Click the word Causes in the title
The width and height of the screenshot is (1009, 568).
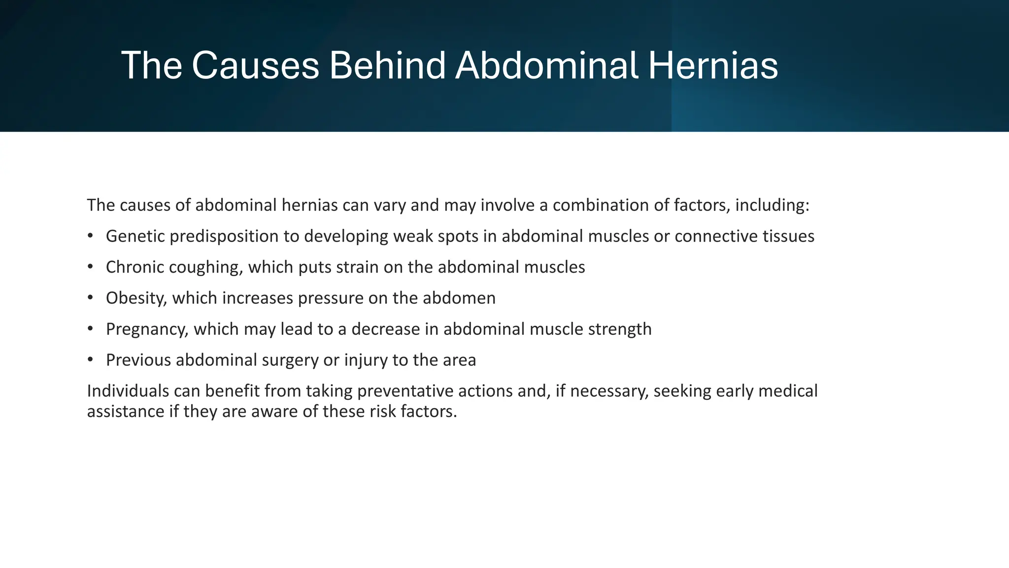[x=255, y=66]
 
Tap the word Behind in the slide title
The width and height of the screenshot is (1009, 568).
[x=387, y=66]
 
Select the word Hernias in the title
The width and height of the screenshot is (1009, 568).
[x=713, y=66]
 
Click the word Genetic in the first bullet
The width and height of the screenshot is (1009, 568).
[x=135, y=236]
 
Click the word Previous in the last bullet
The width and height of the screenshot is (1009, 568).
[x=138, y=360]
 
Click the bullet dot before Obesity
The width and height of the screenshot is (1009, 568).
[x=90, y=298]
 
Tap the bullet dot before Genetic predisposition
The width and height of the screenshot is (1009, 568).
[x=90, y=236]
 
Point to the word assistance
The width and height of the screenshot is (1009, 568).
[x=126, y=411]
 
